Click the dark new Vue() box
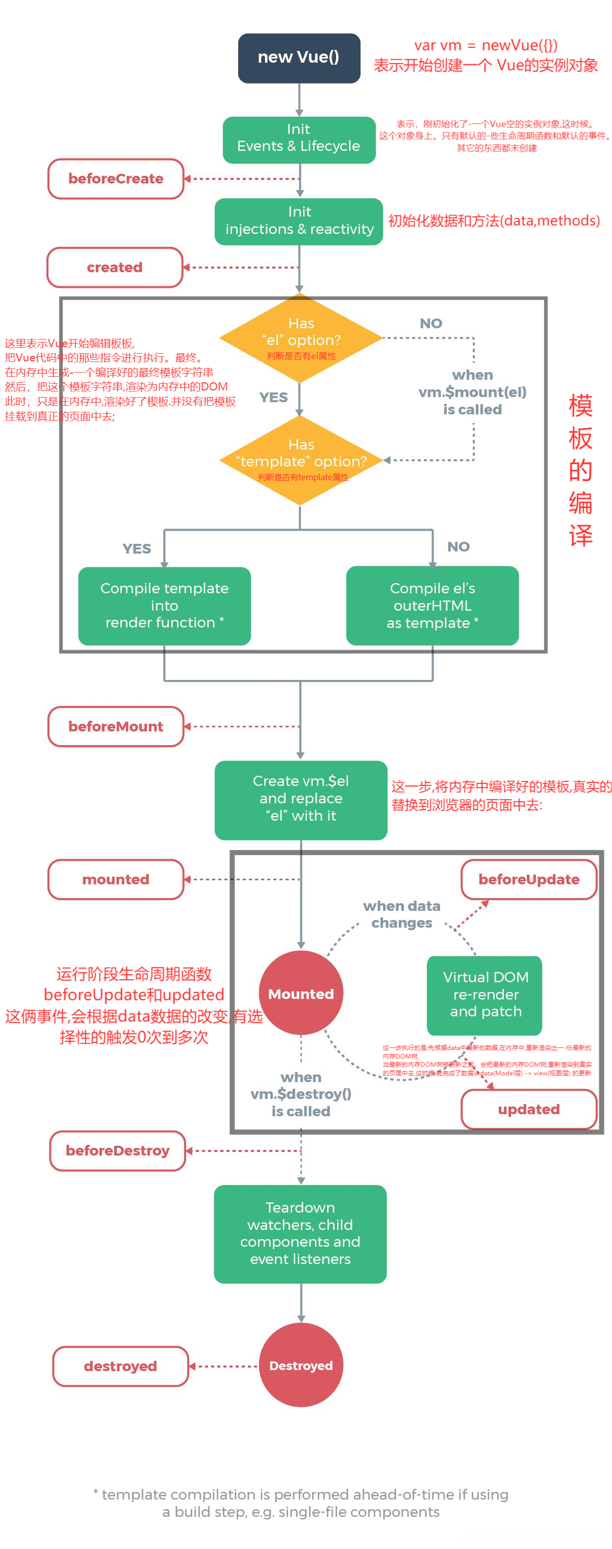click(x=299, y=58)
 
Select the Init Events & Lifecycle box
click(x=299, y=139)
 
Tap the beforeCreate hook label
click(x=116, y=178)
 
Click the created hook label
click(x=115, y=267)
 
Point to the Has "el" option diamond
click(x=301, y=337)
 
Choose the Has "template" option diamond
click(x=301, y=460)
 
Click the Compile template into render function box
click(x=164, y=606)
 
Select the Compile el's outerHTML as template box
click(x=432, y=606)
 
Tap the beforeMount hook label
click(x=116, y=726)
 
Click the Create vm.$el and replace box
click(x=301, y=799)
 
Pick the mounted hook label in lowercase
click(x=116, y=879)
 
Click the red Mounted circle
click(x=301, y=993)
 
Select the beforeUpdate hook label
click(x=528, y=879)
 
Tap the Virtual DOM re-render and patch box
click(x=485, y=994)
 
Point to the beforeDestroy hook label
click(x=117, y=1150)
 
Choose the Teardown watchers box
click(x=300, y=1233)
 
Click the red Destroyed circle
click(x=301, y=1365)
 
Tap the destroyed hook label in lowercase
click(x=120, y=1366)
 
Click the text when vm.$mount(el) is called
click(x=472, y=392)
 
